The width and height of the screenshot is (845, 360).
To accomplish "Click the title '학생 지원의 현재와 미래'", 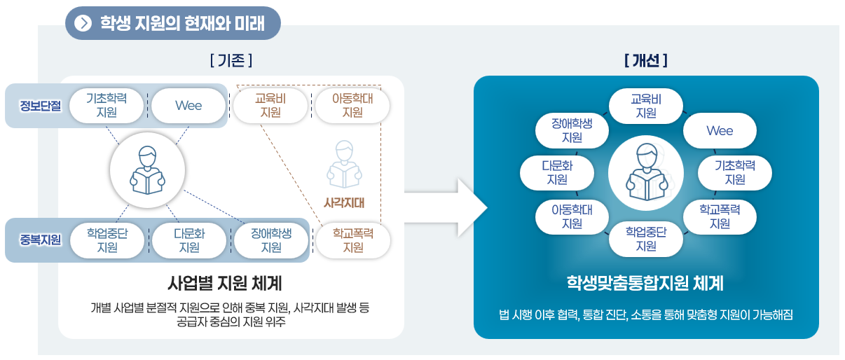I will tap(182, 24).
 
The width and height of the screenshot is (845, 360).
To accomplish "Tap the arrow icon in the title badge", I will tap(83, 24).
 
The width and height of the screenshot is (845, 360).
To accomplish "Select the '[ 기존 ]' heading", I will tap(231, 61).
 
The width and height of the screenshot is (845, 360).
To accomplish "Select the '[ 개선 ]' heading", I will tap(645, 61).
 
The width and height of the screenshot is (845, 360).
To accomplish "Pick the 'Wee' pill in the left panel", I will tap(188, 106).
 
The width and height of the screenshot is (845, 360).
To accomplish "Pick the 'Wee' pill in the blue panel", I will tap(720, 131).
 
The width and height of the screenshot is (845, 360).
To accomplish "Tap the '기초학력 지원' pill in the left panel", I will tap(107, 106).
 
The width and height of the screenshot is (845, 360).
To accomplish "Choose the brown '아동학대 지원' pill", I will tap(352, 106).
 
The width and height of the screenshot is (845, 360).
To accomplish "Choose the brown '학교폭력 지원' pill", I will tap(352, 240).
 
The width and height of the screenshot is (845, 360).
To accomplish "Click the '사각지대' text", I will tap(343, 203).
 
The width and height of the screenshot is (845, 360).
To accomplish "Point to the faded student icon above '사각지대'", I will tap(343, 165).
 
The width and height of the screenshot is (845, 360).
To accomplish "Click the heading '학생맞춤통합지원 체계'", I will tap(645, 284).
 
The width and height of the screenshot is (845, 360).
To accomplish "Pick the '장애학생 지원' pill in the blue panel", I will tap(572, 131).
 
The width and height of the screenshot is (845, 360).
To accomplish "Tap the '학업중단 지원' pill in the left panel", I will tap(107, 240).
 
